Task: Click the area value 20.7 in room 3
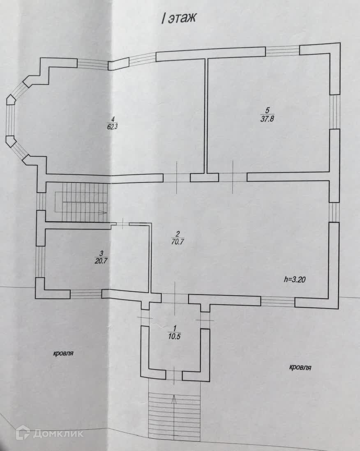tap(97, 260)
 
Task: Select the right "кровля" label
tap(300, 367)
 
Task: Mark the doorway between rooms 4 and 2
tap(177, 178)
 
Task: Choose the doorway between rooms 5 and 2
tap(233, 177)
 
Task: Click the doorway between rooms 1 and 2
tap(175, 299)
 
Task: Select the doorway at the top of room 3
tap(124, 224)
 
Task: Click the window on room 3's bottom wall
tap(86, 294)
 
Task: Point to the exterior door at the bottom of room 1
tap(174, 375)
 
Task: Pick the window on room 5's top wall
tap(282, 51)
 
